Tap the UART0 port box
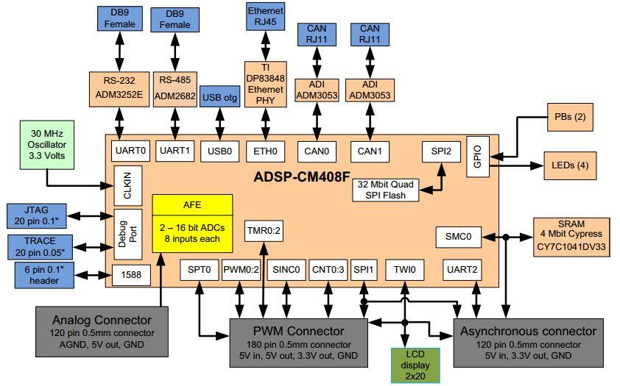(x=132, y=151)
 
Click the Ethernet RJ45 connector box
(x=265, y=18)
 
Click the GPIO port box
(x=477, y=155)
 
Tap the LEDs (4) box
(x=569, y=165)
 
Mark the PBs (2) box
(x=569, y=117)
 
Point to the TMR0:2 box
(x=264, y=230)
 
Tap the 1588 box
(x=132, y=275)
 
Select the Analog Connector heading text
(x=102, y=320)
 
